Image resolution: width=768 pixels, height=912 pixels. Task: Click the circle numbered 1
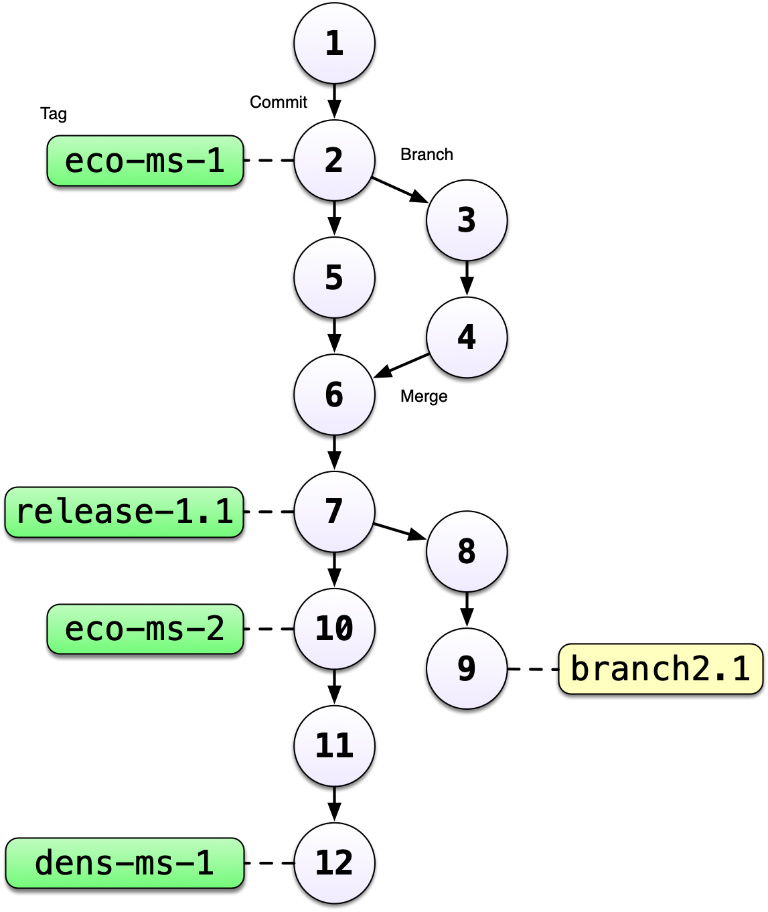tap(334, 44)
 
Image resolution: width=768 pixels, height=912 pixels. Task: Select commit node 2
tap(334, 161)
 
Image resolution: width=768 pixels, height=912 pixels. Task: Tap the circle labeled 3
tap(467, 220)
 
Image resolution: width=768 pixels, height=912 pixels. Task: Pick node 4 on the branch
tap(467, 337)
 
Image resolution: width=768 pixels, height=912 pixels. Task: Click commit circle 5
tap(334, 277)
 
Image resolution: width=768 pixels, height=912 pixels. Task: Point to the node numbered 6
tap(334, 394)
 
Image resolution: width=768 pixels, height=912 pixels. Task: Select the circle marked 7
tap(334, 512)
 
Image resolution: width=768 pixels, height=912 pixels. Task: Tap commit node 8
tap(467, 551)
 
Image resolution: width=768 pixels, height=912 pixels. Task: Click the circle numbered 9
tap(467, 668)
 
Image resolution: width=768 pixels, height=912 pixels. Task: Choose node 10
tap(334, 629)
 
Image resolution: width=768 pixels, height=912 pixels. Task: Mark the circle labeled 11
tap(334, 746)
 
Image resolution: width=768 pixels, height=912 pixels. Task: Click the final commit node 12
tap(334, 863)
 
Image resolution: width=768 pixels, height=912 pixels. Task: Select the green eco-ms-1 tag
tap(145, 161)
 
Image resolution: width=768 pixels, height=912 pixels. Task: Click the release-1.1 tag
tap(125, 512)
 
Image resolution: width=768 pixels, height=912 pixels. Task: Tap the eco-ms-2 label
tap(145, 629)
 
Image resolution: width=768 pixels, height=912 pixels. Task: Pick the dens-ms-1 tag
tap(125, 863)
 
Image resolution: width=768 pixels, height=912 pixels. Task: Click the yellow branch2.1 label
tap(660, 669)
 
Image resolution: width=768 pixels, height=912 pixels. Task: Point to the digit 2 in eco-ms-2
tap(215, 629)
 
